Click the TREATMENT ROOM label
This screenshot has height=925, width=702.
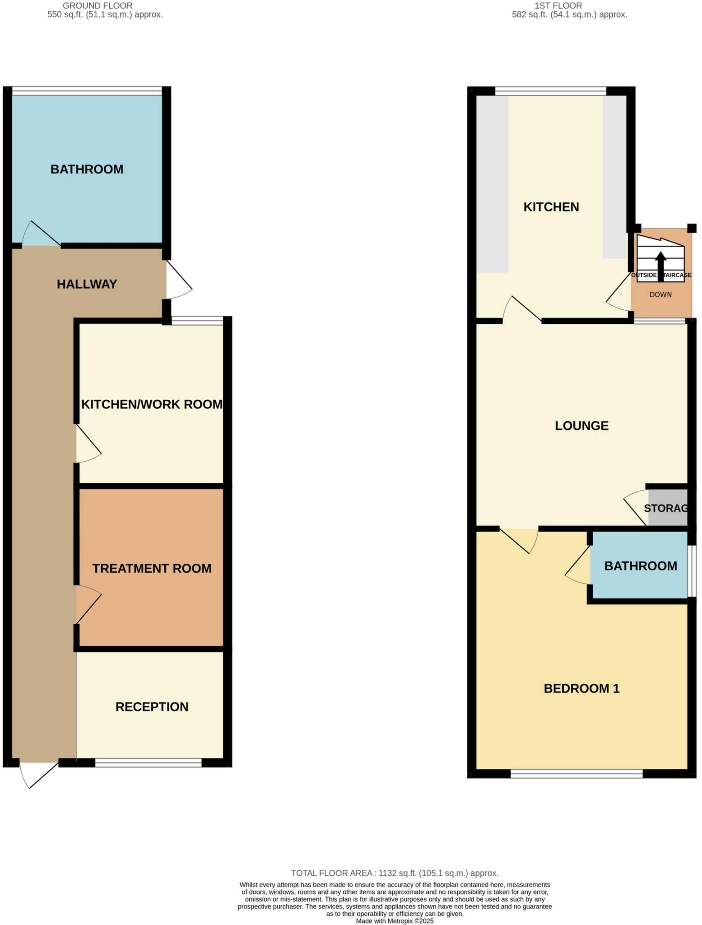[x=152, y=568]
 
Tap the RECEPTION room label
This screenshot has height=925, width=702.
[x=152, y=707]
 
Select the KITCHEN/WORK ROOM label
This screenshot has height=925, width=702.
[x=152, y=404]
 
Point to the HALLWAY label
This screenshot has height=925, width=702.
[x=87, y=284]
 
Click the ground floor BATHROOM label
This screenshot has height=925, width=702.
[x=87, y=169]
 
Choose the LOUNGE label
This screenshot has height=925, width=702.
[x=581, y=425]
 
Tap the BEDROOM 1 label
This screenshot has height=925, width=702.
[x=581, y=688]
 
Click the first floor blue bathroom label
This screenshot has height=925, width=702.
[x=640, y=566]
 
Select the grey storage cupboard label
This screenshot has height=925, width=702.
[x=666, y=508]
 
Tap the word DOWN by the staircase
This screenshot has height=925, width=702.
[x=660, y=294]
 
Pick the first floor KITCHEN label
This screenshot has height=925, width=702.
[x=551, y=207]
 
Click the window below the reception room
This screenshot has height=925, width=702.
[x=148, y=763]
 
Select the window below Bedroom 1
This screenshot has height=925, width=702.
[x=576, y=774]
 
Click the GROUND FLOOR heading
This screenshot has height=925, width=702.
[x=98, y=6]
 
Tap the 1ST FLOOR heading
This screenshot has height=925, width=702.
[x=558, y=6]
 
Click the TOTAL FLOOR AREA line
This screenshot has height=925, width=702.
[x=395, y=873]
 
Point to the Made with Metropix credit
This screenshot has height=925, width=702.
[x=395, y=921]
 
